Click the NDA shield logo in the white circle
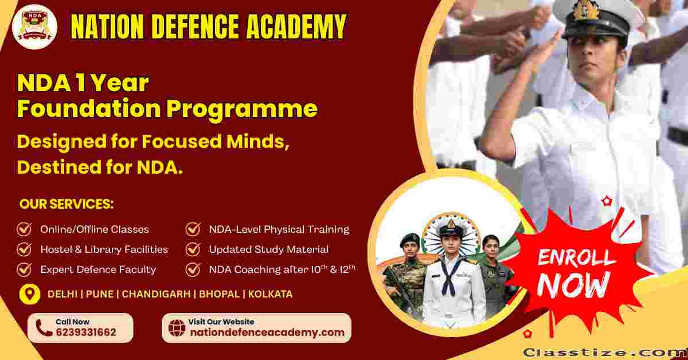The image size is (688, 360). pos(34,26)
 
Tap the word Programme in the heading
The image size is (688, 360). pos(242,109)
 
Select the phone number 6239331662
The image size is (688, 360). pos(86,332)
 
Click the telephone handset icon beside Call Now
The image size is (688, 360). pos(44,328)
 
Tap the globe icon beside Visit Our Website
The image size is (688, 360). pos(177,328)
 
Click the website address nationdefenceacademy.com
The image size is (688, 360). pos(267,332)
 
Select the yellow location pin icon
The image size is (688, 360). pos(30,294)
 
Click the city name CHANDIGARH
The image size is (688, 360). pos(156,294)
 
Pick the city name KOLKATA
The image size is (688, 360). pos(270,294)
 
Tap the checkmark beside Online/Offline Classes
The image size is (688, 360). pos(24,229)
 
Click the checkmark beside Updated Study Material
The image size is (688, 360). pos(193,249)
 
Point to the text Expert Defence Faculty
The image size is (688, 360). pos(98,269)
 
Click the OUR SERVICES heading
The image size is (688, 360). pos(67,204)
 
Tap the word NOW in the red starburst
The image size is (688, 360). pos(573,285)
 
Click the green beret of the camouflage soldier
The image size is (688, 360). pos(409,238)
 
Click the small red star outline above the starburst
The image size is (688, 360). pos(607,202)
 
